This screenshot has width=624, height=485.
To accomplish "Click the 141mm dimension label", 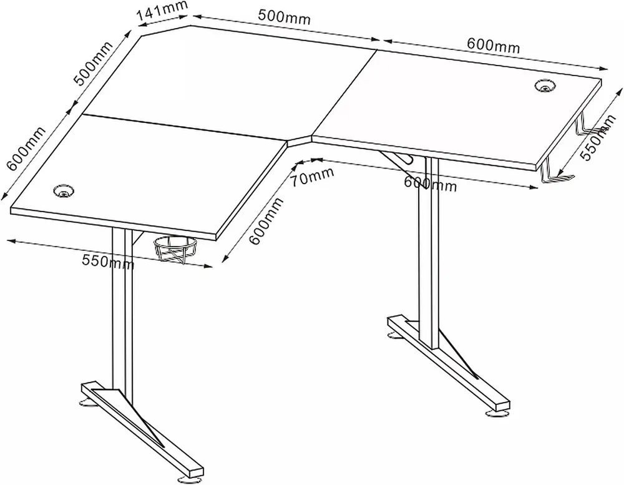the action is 162,12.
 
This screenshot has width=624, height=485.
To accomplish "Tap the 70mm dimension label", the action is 311,177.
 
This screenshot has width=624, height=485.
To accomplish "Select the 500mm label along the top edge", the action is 284,16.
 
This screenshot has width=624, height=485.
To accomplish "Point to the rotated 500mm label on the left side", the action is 94,62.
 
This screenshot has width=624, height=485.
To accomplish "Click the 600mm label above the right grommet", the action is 494,45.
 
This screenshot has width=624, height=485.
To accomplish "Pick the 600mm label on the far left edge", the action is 26,148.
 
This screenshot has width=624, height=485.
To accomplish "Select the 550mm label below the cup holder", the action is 108,262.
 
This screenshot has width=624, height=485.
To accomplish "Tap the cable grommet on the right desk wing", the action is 545,86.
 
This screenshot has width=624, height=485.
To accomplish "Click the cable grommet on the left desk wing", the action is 64,190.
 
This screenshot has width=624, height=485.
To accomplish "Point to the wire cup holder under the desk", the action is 175,249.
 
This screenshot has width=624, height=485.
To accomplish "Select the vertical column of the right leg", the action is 429,251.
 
